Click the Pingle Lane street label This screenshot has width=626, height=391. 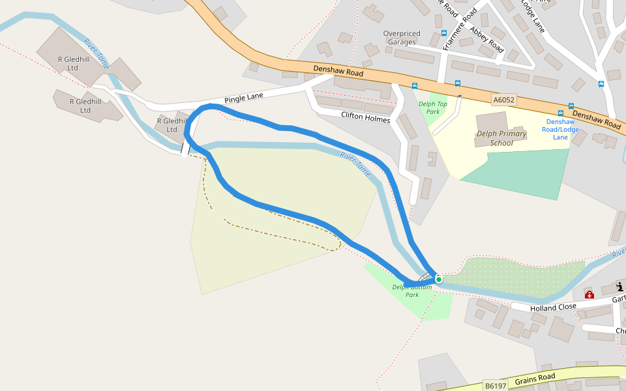tap(244, 98)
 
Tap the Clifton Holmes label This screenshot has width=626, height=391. tap(365, 118)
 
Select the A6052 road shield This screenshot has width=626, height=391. tap(504, 100)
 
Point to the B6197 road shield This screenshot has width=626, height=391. tap(496, 386)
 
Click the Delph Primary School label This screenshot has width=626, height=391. tap(501, 138)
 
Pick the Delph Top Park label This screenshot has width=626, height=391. tap(433, 108)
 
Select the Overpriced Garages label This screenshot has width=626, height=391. tap(402, 38)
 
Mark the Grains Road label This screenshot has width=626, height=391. tap(535, 379)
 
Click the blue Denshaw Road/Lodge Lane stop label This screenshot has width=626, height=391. tap(561, 129)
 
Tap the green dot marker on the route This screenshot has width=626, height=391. tap(439, 280)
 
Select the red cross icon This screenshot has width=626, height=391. tap(589, 295)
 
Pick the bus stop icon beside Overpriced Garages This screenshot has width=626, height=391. tap(444, 33)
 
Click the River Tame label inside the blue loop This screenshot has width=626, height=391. tap(355, 165)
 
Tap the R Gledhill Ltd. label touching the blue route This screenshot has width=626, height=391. tap(172, 125)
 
